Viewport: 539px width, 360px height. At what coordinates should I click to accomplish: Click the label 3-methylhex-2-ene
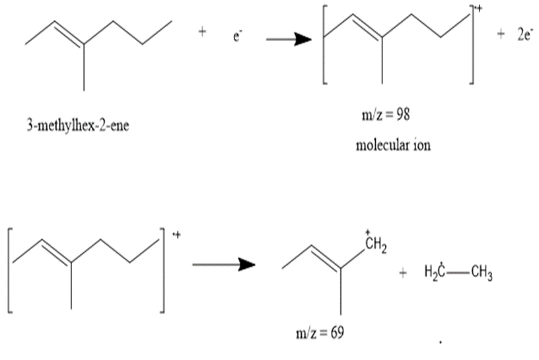pyautogui.click(x=78, y=126)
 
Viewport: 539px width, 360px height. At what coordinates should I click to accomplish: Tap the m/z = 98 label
pyautogui.click(x=386, y=114)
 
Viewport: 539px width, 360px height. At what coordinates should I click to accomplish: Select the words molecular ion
pyautogui.click(x=393, y=145)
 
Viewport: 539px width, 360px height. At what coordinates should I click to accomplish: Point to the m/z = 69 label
pyautogui.click(x=320, y=332)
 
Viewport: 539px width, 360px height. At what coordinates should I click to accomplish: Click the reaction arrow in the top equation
pyautogui.click(x=289, y=39)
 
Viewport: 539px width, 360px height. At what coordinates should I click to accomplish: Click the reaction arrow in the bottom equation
pyautogui.click(x=224, y=264)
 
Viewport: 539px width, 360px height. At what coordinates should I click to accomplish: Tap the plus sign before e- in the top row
pyautogui.click(x=202, y=32)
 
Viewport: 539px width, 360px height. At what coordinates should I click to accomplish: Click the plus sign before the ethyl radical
pyautogui.click(x=402, y=273)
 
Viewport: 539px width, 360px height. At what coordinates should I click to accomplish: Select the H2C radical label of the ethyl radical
pyautogui.click(x=435, y=272)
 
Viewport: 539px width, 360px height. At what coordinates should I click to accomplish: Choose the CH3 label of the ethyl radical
pyautogui.click(x=482, y=273)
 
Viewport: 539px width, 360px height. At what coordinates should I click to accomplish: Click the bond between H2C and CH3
pyautogui.click(x=458, y=273)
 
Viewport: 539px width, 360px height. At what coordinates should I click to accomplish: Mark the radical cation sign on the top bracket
pyautogui.click(x=478, y=8)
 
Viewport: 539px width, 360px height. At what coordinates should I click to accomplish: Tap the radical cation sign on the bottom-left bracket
pyautogui.click(x=176, y=235)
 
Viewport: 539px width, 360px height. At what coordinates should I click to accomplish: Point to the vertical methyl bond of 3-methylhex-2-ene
pyautogui.click(x=84, y=67)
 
